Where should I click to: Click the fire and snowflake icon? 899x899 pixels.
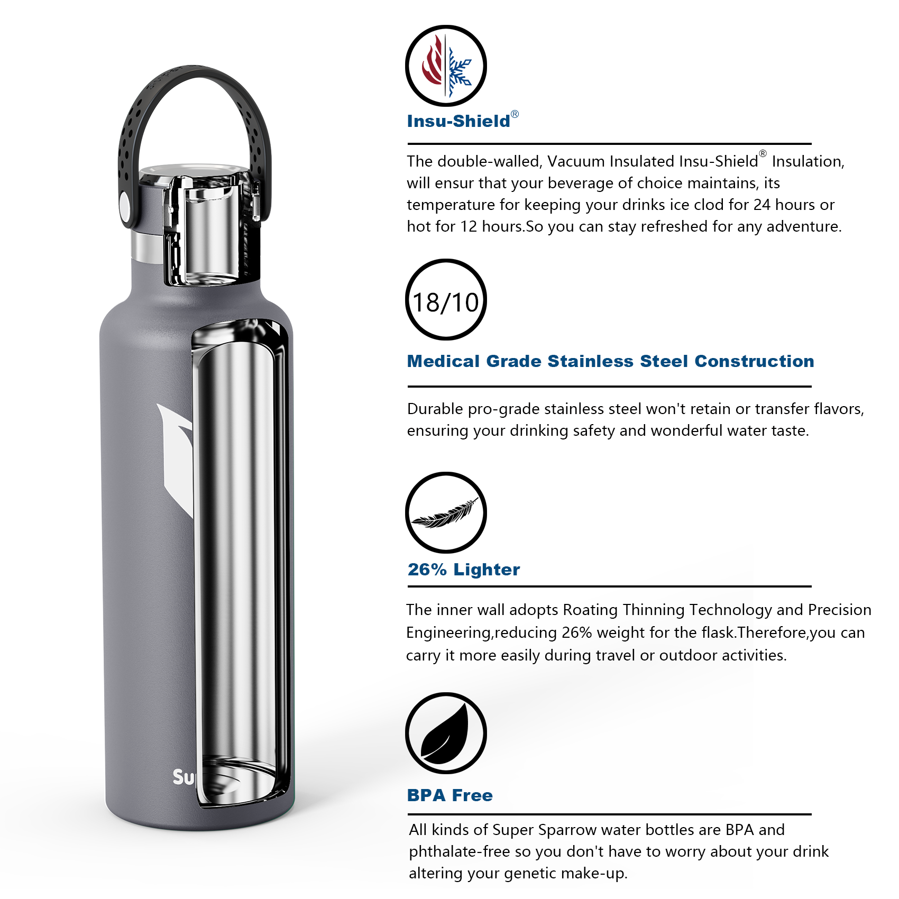446,66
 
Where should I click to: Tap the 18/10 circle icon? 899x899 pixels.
446,300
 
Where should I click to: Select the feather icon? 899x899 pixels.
446,513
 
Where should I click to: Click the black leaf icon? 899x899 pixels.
446,733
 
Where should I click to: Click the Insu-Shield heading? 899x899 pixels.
458,121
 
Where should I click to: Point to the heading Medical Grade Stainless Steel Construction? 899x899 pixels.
610,361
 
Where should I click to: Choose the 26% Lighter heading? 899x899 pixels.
464,570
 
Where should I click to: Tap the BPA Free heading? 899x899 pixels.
449,795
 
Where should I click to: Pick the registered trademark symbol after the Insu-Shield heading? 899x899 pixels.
515,114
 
